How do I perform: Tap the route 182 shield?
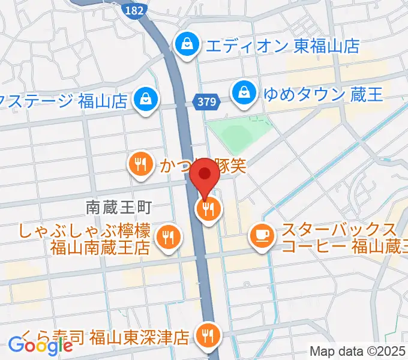click(133, 10)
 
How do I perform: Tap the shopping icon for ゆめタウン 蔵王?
click(244, 92)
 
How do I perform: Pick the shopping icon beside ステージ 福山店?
click(146, 98)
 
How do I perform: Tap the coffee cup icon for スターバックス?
click(262, 234)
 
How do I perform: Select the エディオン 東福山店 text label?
click(281, 45)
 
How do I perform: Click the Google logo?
click(40, 345)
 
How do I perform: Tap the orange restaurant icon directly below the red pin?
click(208, 209)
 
